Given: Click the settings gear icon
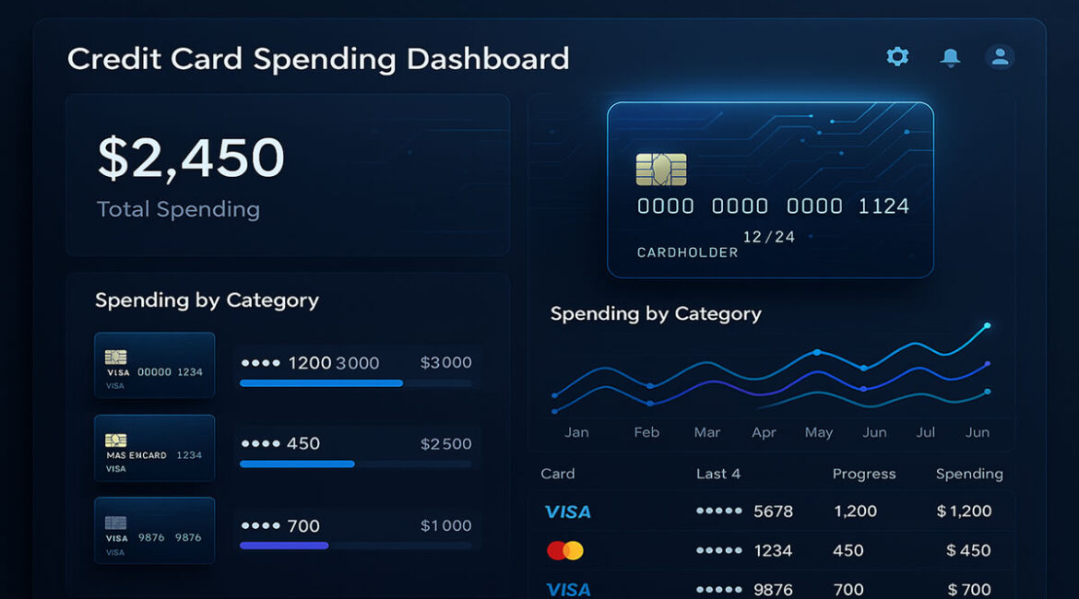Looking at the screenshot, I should (x=896, y=57).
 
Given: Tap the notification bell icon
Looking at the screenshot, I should (x=949, y=58).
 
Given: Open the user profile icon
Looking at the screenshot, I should (x=1000, y=57).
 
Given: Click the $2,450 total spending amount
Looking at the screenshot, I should (x=191, y=158).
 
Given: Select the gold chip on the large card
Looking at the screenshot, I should (x=660, y=170).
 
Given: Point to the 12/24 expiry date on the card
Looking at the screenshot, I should (x=768, y=237).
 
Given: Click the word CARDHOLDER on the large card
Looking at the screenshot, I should (x=687, y=252).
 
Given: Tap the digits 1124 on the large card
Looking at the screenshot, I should (x=883, y=206).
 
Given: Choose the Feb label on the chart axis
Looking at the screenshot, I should (x=646, y=432).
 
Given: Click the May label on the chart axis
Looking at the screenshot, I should (x=818, y=432).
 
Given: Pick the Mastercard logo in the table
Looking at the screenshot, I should (x=564, y=550).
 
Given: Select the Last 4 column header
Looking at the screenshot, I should (x=717, y=474).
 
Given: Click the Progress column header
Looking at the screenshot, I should (x=863, y=474).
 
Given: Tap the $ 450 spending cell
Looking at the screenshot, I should (x=967, y=550).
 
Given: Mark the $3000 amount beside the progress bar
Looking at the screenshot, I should (x=445, y=363).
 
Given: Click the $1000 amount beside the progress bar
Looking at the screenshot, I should (x=445, y=526).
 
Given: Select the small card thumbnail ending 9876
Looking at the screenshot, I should (x=154, y=531).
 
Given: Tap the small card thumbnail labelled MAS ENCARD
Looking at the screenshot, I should (x=154, y=448).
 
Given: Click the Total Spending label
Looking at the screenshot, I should (x=178, y=209).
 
